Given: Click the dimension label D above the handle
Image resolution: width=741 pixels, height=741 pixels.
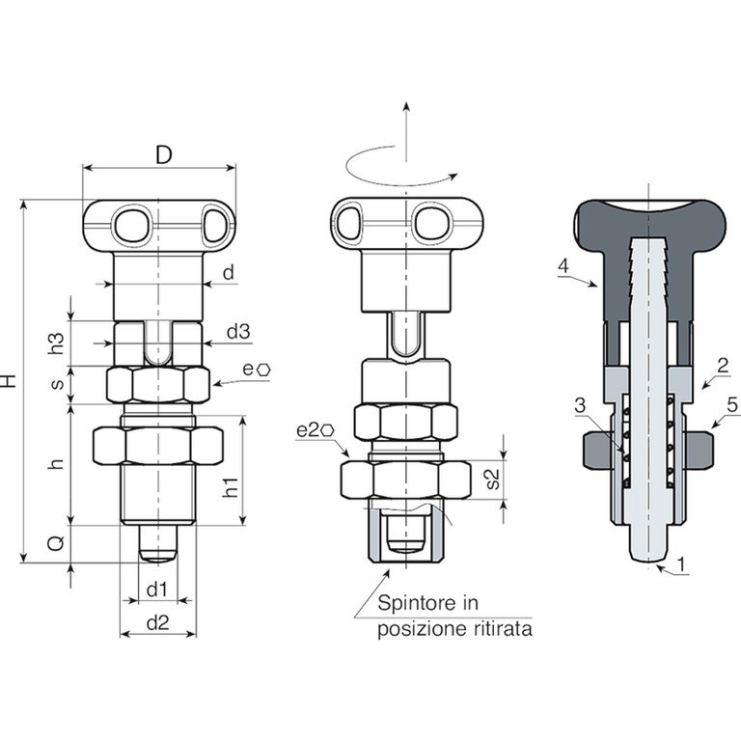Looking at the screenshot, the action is [x=163, y=154].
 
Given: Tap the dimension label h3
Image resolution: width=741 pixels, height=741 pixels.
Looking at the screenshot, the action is [x=57, y=343].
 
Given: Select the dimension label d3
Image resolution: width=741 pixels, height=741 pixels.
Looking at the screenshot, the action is [x=238, y=332].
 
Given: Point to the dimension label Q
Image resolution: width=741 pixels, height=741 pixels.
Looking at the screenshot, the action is [x=56, y=543].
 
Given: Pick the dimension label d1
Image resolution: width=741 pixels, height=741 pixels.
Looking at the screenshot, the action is [x=157, y=590].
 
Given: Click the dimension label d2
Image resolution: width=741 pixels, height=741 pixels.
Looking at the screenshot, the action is [x=158, y=623].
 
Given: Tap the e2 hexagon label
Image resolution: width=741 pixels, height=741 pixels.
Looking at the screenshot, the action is [x=316, y=430].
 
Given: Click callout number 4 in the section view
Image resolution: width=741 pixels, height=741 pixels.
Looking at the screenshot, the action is [x=563, y=266].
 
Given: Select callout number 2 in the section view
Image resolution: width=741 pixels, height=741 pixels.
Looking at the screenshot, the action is [x=723, y=366].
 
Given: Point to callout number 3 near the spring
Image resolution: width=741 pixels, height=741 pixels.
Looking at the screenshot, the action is [x=580, y=405].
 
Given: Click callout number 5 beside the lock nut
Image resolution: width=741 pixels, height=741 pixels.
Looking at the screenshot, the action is [x=732, y=405].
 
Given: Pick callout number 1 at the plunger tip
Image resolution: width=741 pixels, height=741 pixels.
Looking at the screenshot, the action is [x=681, y=563].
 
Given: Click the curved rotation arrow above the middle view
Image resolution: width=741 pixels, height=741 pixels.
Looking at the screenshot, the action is [x=396, y=166].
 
